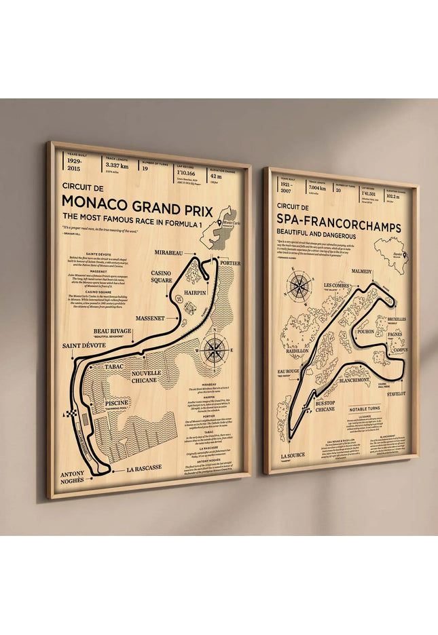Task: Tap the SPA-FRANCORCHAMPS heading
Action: [339, 227]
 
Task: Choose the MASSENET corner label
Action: [150, 317]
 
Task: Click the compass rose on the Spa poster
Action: [299, 286]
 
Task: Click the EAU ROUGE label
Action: [289, 372]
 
